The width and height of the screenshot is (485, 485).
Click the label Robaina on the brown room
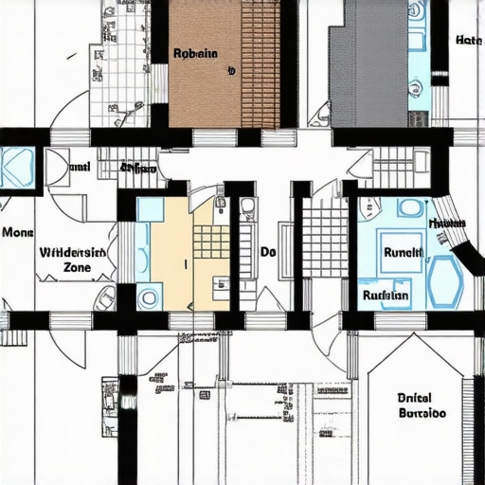[195, 54]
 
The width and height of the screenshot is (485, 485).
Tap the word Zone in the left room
[77, 268]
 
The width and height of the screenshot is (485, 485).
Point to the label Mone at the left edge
[17, 231]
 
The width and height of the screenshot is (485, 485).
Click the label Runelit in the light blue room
[402, 253]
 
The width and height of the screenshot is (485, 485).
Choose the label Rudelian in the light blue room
[386, 295]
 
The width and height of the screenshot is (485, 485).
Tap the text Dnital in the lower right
[416, 399]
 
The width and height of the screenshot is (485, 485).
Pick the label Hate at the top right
[468, 41]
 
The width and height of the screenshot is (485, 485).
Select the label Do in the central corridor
[268, 254]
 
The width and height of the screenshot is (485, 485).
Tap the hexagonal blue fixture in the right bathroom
[444, 281]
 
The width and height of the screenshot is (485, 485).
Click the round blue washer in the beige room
[150, 297]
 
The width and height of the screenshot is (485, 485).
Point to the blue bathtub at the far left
[17, 168]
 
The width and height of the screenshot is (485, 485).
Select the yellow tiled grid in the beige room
[210, 242]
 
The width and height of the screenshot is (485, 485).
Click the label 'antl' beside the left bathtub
[81, 168]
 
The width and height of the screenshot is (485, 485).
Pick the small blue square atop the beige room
[150, 209]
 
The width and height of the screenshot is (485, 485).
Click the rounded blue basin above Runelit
[409, 208]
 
